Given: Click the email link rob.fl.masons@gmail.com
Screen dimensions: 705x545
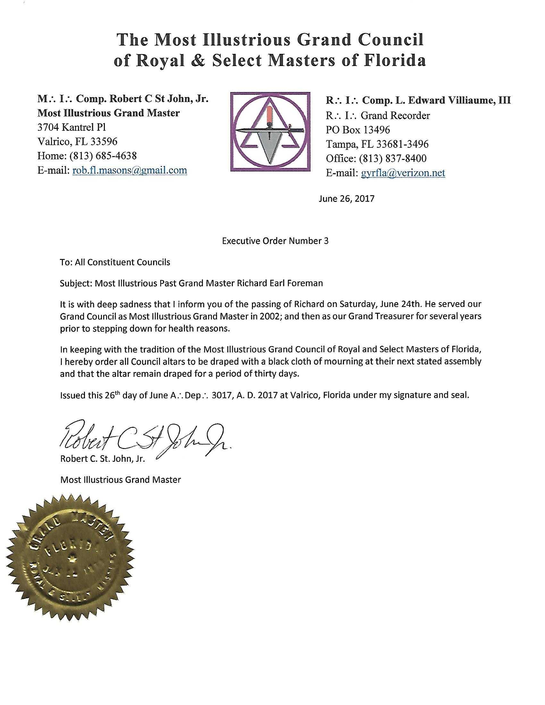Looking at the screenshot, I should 130,170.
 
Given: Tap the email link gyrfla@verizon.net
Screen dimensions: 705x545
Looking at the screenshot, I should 403,173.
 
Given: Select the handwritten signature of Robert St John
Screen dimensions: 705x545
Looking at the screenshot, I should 145,436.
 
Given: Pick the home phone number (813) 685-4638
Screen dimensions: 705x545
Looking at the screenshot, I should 103,156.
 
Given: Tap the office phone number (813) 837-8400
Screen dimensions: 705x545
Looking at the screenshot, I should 394,158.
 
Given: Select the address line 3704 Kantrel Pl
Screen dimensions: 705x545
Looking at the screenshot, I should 72,127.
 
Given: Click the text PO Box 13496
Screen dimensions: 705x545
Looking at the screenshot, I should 358,130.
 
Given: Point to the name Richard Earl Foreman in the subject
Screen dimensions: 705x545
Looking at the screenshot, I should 280,283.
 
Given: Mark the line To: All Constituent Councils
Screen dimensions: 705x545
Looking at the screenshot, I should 115,262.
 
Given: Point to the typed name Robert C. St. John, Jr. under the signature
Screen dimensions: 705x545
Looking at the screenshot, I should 103,459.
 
